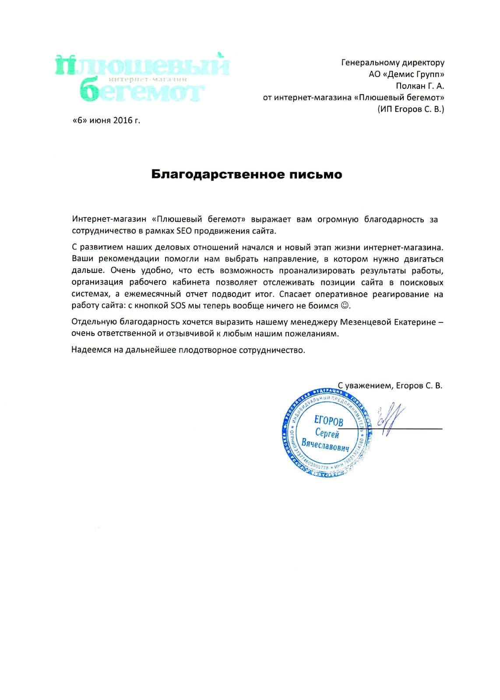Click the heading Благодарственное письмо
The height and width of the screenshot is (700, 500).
pyautogui.click(x=246, y=175)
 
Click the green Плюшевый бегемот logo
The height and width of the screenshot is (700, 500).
pyautogui.click(x=142, y=78)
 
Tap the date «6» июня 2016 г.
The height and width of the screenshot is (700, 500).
pyautogui.click(x=106, y=120)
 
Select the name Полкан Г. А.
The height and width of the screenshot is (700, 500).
pyautogui.click(x=420, y=86)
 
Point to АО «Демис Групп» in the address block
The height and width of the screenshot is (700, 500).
pyautogui.click(x=406, y=74)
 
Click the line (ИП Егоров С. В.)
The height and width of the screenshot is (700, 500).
pyautogui.click(x=410, y=109)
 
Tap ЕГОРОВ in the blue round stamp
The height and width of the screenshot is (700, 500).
pyautogui.click(x=329, y=421)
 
